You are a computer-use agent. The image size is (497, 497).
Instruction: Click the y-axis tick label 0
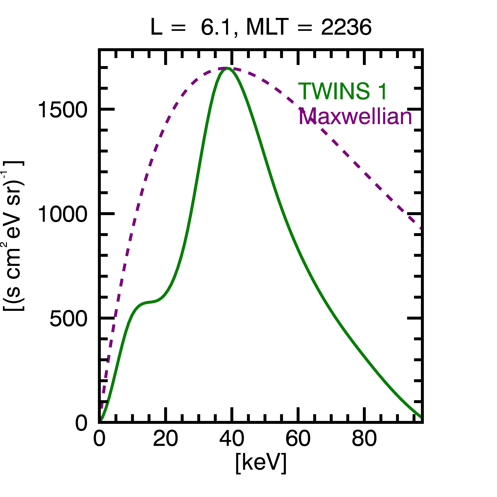point(81,423)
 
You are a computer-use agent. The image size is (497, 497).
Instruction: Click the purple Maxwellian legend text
point(355,116)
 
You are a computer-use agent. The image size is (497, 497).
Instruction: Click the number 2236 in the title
point(346,27)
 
